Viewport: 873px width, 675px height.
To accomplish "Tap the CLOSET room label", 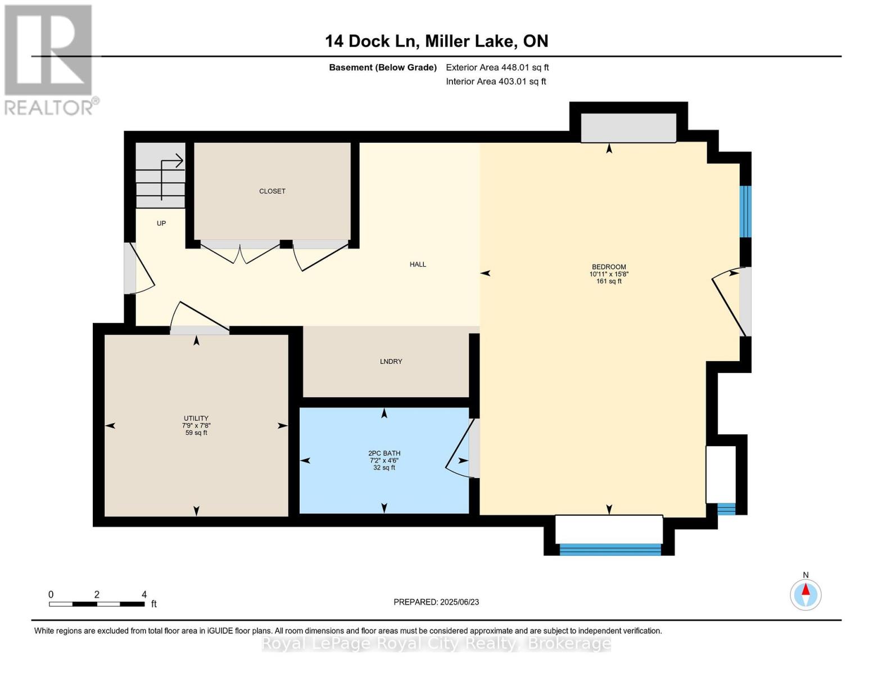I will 272,191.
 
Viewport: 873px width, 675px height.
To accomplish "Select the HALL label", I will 418,264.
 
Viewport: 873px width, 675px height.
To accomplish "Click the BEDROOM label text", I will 608,267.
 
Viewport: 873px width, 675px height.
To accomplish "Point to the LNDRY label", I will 391,362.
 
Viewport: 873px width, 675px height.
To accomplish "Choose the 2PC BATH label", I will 384,453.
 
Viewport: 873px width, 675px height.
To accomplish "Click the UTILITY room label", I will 196,418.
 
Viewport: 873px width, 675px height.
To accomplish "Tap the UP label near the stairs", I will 161,223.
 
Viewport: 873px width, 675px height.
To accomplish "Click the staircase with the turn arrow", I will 161,175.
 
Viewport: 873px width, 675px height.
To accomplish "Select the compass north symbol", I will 806,594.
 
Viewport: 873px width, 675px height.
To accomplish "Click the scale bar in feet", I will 97,604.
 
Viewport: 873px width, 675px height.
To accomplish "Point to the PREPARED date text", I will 436,602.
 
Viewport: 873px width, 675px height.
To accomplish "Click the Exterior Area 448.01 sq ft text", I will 497,67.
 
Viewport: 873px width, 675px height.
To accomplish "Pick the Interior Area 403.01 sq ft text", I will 496,82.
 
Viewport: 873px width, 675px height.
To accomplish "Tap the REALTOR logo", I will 49,59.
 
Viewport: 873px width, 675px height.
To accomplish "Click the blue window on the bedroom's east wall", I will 745,211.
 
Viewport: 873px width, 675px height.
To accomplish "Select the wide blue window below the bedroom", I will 610,550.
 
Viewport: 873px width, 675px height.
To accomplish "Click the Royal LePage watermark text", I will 436,643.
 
